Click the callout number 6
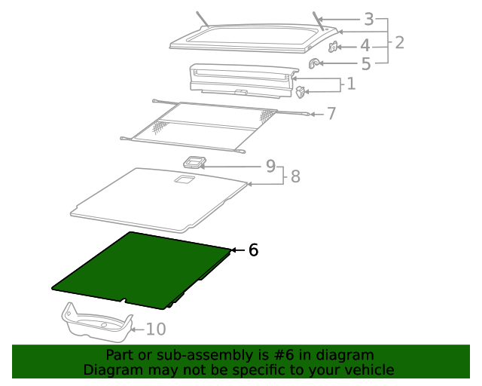coord(253,250)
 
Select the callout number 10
coord(155,329)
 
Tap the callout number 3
coord(368,20)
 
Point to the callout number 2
coord(399,42)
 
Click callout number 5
coord(365,64)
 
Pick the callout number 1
coord(350,84)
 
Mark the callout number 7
coord(331,114)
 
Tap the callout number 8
coord(295,176)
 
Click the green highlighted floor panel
coord(139,270)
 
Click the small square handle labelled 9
coord(195,162)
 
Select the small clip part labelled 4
coord(333,47)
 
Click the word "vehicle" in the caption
coord(369,370)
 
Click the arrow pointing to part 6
coord(237,250)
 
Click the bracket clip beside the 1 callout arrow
coord(300,92)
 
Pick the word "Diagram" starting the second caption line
coord(111,370)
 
